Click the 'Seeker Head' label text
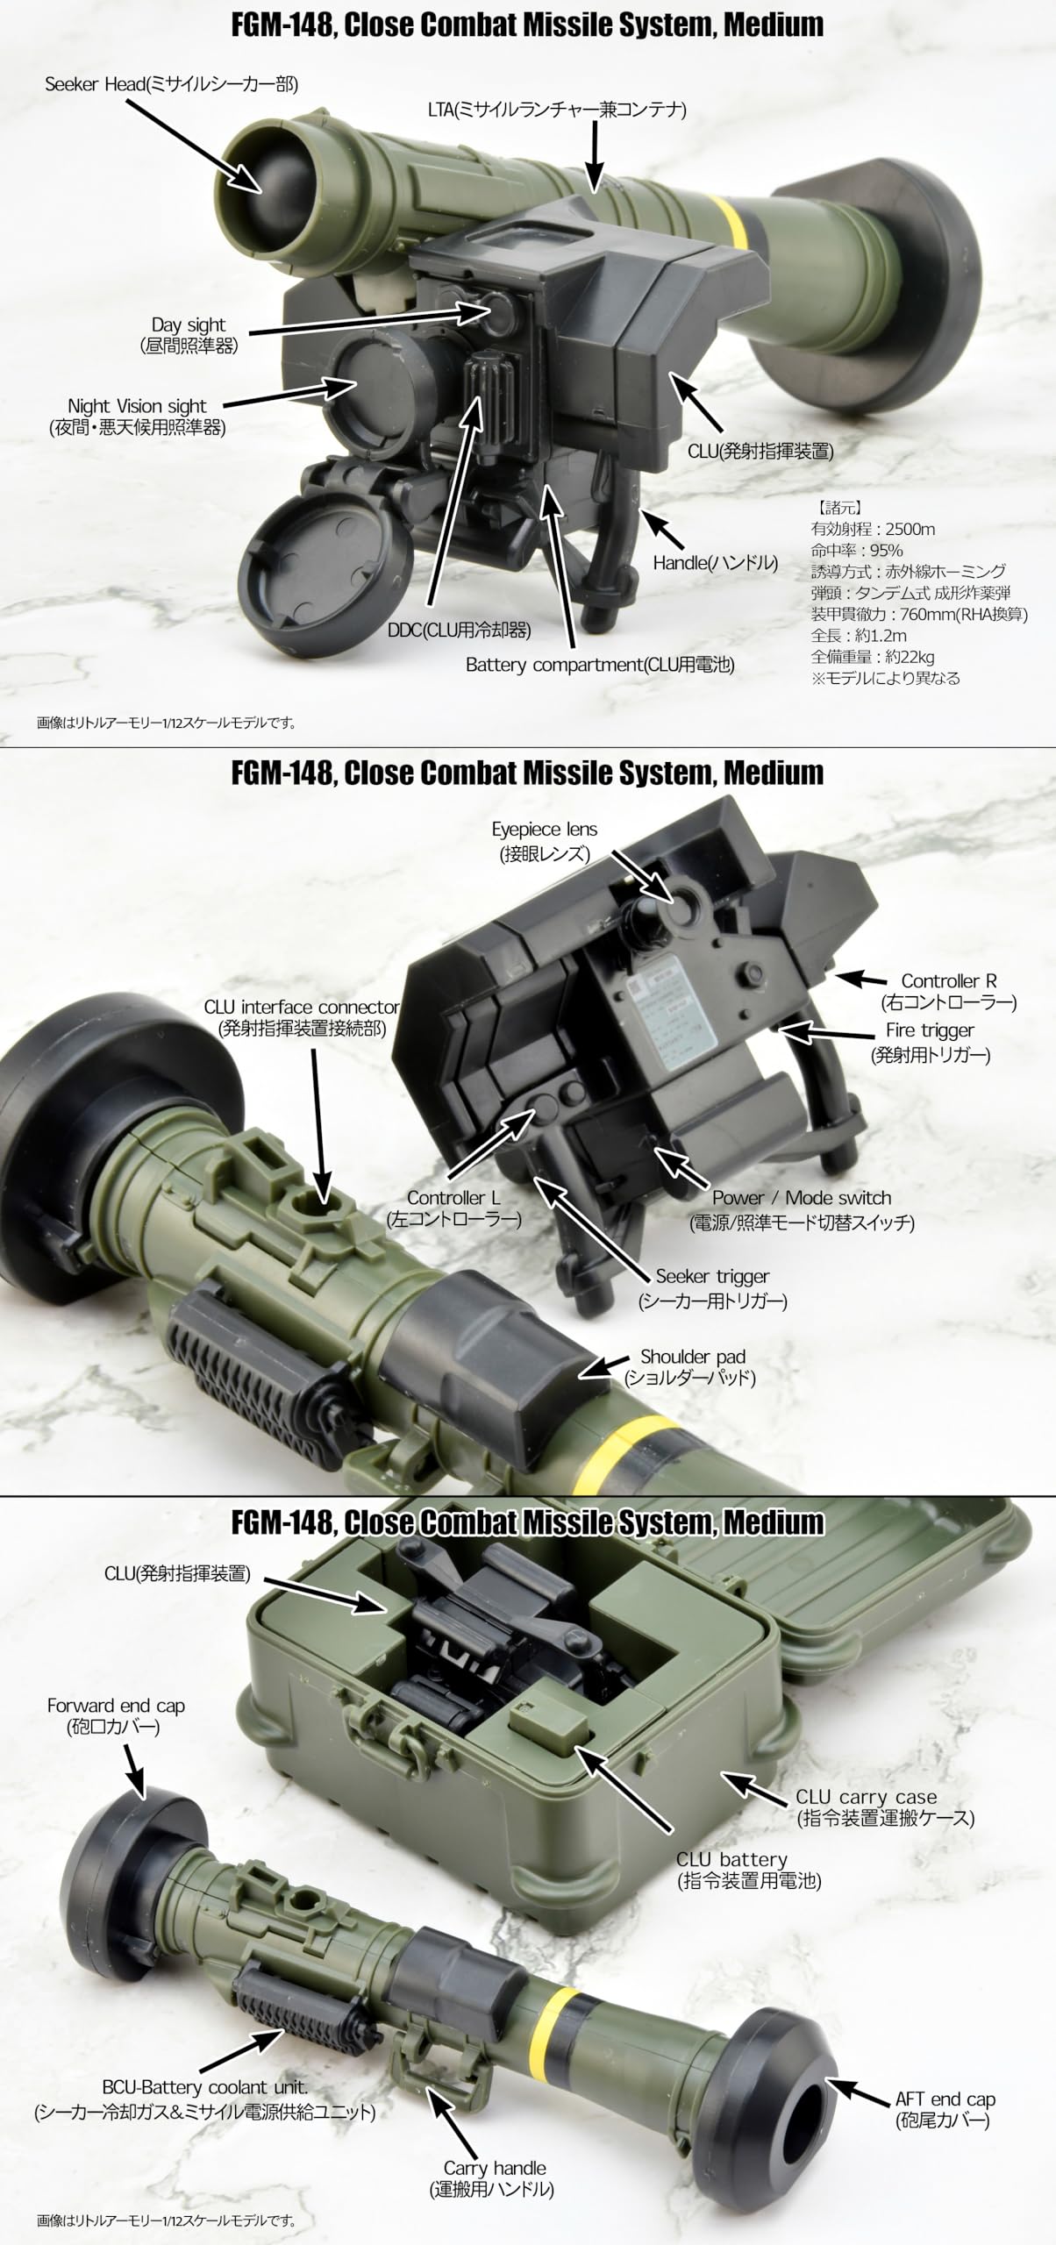click(x=172, y=84)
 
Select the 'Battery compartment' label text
click(x=599, y=665)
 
